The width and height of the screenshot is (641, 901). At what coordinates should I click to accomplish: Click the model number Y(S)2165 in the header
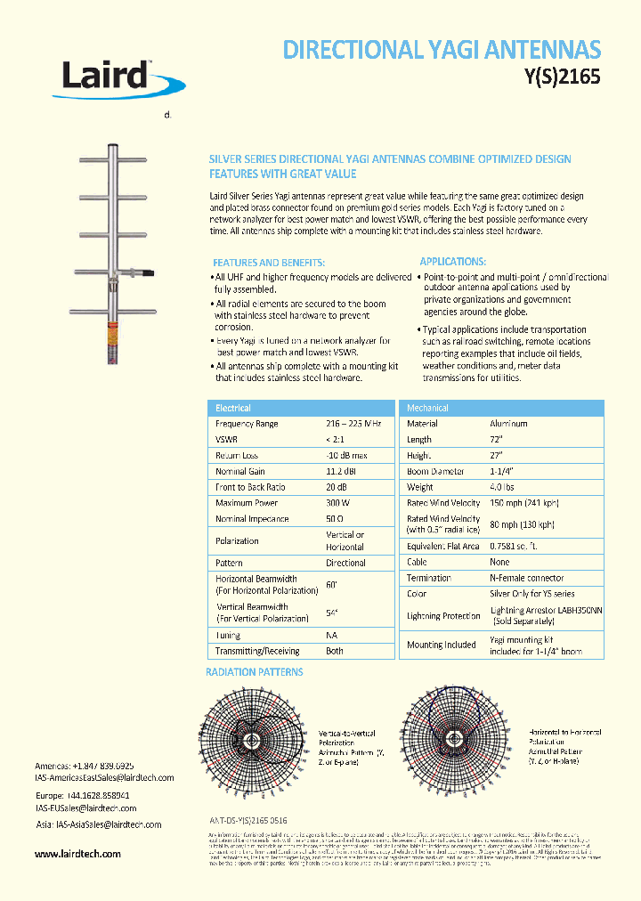[x=558, y=77]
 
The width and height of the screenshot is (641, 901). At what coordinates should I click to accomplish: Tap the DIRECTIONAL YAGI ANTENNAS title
[x=442, y=49]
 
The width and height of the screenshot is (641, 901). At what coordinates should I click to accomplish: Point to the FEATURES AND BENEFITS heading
[x=268, y=263]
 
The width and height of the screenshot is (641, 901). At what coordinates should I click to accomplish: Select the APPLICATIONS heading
[x=452, y=262]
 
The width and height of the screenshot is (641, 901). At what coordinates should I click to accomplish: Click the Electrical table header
[x=233, y=408]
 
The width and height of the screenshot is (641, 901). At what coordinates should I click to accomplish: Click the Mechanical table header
[x=427, y=408]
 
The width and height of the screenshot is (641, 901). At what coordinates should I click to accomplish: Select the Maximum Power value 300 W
[x=339, y=503]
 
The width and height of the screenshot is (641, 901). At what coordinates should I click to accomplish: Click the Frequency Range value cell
[x=353, y=424]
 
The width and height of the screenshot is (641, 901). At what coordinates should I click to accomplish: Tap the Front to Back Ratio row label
[x=250, y=487]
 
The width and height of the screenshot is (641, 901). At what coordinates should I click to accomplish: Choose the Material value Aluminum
[x=508, y=424]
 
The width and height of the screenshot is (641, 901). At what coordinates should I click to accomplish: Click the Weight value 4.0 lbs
[x=502, y=487]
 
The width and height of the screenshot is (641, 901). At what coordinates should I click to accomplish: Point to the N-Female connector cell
[x=526, y=578]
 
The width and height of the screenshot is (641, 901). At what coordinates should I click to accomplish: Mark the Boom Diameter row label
[x=435, y=471]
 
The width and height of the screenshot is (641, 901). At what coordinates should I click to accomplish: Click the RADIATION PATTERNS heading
[x=255, y=672]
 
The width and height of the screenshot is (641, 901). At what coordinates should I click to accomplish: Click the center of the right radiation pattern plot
[x=454, y=739]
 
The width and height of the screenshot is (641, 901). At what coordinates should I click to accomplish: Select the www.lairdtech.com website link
[x=77, y=854]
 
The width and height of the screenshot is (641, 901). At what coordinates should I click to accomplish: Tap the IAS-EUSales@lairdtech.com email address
[x=85, y=808]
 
